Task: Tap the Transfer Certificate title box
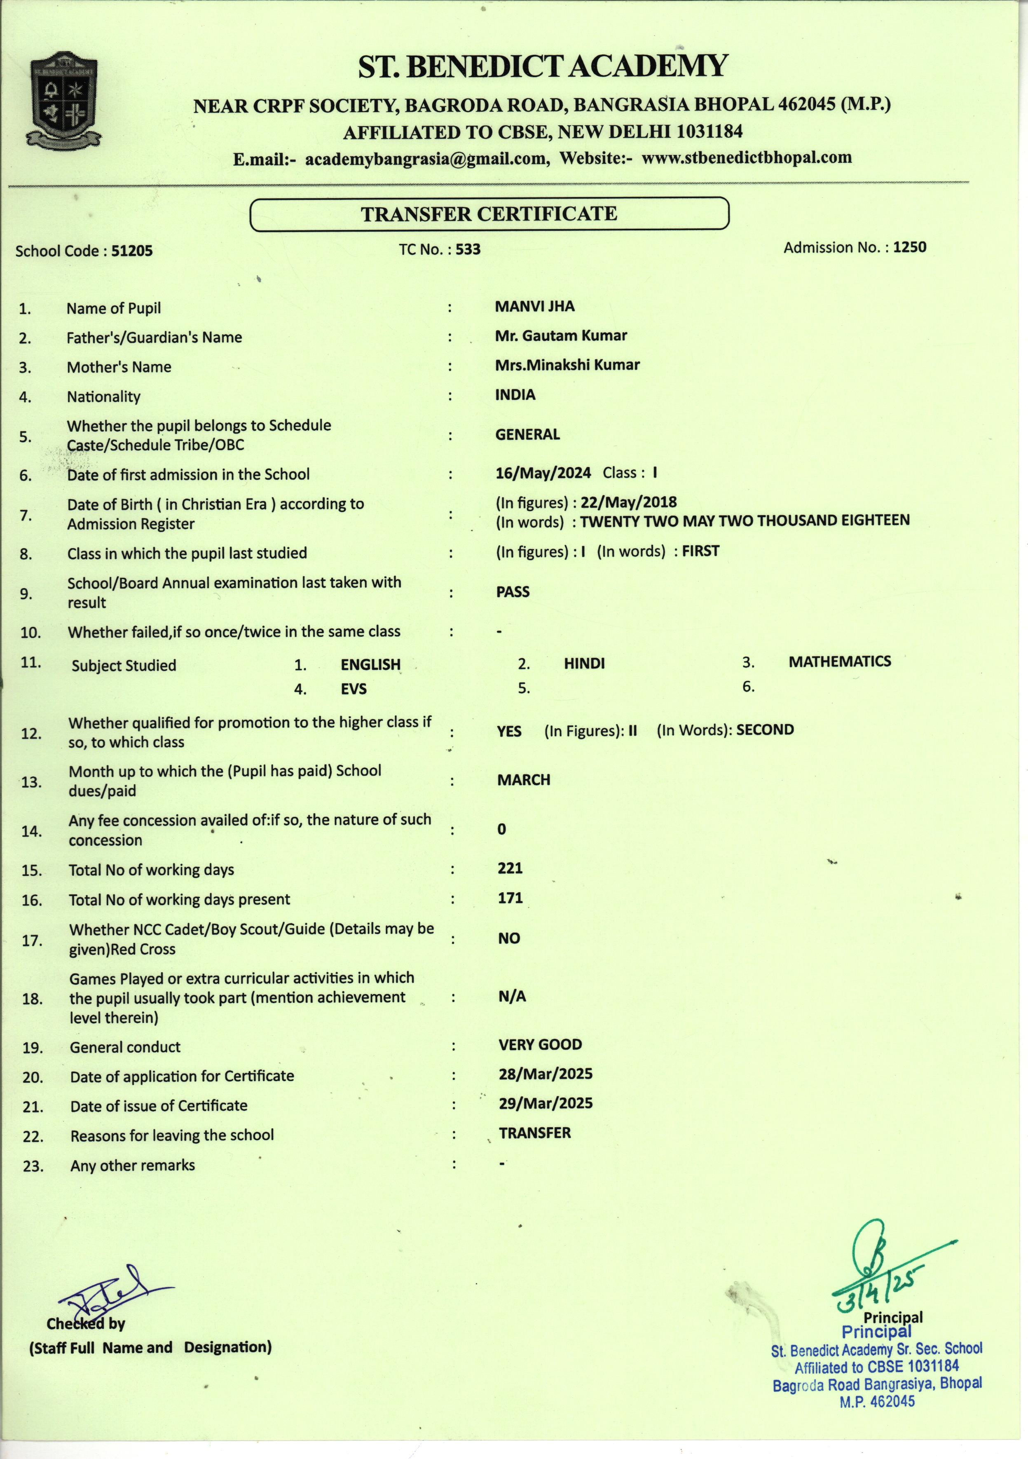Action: (x=489, y=213)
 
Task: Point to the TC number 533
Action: (x=468, y=249)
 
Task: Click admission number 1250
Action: (x=909, y=247)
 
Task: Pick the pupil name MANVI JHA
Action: (x=534, y=306)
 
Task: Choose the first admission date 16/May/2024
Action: (x=543, y=473)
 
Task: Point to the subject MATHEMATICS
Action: (x=839, y=661)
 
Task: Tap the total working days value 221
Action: (x=510, y=868)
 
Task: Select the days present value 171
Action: (x=510, y=898)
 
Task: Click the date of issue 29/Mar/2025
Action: (x=545, y=1103)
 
